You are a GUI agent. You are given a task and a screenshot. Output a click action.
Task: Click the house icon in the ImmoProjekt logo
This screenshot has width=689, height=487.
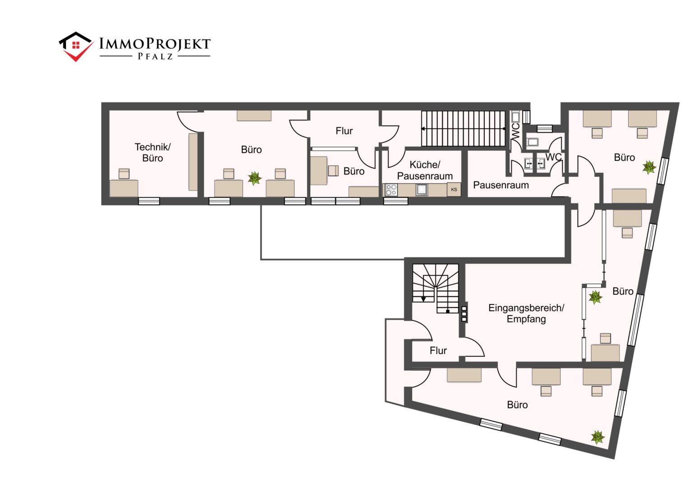pos(76,46)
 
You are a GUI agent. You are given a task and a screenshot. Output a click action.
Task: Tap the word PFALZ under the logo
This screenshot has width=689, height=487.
pos(155,56)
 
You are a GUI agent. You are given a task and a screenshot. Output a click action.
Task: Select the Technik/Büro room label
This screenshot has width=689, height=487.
pos(152,152)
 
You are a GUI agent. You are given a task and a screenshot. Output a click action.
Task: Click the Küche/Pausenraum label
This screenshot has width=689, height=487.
pos(425,170)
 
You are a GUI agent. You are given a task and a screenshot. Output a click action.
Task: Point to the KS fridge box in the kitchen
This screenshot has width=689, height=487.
pos(454,189)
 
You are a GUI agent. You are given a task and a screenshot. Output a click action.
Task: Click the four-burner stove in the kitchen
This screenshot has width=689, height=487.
pos(391,190)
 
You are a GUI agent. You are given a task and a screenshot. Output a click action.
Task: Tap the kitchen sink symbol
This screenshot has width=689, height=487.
pos(422,189)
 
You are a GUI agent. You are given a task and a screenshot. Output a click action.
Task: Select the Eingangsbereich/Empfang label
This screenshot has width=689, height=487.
pos(526,313)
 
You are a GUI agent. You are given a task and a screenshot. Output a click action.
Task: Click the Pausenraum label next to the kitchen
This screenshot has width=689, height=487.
pos(501,185)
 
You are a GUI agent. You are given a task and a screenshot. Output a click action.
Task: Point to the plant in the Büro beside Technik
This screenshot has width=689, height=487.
pos(255,179)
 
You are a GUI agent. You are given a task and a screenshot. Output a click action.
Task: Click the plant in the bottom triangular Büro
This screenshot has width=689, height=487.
pos(597,437)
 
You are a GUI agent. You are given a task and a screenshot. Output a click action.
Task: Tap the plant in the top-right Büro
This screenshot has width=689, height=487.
pos(649,167)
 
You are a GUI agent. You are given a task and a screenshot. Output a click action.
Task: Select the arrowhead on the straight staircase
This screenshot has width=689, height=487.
pos(423,129)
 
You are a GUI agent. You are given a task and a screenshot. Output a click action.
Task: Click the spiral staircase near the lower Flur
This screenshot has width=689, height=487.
pos(436,288)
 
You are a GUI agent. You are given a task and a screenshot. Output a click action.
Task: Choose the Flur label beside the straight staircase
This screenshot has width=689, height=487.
pos(344,131)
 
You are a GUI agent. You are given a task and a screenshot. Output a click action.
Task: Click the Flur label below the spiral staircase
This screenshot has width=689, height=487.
pos(438,350)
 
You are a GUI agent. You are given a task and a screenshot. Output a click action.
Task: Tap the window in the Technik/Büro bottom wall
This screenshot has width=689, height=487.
pos(149,201)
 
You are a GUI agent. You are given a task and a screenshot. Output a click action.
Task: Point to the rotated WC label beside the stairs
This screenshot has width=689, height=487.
pos(516,131)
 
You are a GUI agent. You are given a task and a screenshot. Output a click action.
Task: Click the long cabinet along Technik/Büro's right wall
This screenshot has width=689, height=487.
pos(193,162)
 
